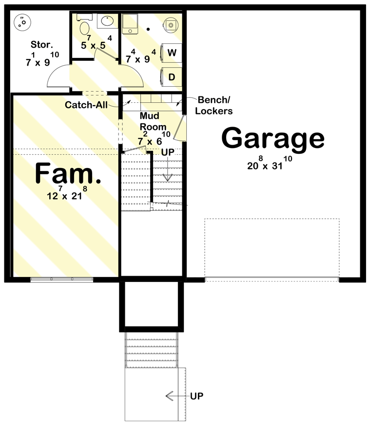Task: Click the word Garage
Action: tap(273, 139)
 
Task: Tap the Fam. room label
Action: tap(68, 174)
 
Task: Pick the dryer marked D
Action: tap(171, 77)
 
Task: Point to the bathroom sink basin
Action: tap(106, 21)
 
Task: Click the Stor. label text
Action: tap(42, 45)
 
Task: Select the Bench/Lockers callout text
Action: tap(215, 105)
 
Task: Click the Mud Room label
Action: tap(153, 121)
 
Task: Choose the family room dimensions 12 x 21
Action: tap(68, 195)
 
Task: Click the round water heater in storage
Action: tap(22, 21)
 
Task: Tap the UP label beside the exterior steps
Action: tap(197, 396)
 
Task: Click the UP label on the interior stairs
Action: tap(168, 152)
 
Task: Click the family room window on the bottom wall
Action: tap(61, 280)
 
